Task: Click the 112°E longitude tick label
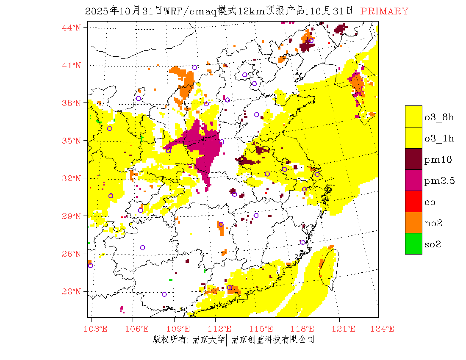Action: tap(222, 329)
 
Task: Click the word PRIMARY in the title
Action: tap(384, 11)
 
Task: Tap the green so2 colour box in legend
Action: tap(413, 244)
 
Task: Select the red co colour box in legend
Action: tap(413, 201)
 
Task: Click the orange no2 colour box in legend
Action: tap(413, 222)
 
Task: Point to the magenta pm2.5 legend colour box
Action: tap(413, 180)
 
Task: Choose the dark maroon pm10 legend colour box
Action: tap(413, 159)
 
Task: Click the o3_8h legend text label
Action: tap(439, 117)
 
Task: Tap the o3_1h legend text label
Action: tap(439, 138)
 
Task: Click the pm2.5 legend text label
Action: tap(439, 181)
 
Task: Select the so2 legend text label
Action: tap(433, 244)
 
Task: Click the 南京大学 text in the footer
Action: tap(208, 340)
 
